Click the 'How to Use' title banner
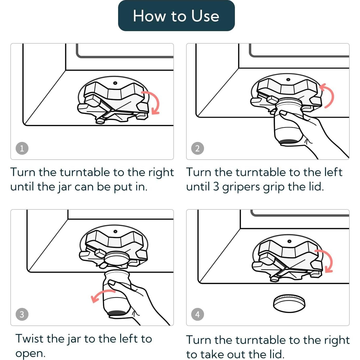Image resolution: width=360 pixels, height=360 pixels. point(176,16)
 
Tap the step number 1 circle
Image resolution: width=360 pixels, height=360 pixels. point(22,148)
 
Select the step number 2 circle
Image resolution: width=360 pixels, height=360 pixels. point(198,148)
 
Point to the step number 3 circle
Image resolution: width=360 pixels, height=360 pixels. point(22,314)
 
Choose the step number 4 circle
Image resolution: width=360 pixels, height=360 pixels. point(198,314)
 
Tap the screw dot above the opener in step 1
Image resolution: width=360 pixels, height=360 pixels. point(115,83)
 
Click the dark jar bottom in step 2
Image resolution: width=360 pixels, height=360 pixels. point(289,141)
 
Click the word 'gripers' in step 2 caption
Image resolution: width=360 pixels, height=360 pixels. point(241,187)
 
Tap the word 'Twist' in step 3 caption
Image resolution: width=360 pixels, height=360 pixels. point(30,338)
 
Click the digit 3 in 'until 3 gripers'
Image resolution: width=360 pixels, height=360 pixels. point(216,186)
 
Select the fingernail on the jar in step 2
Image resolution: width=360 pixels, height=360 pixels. point(283,113)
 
